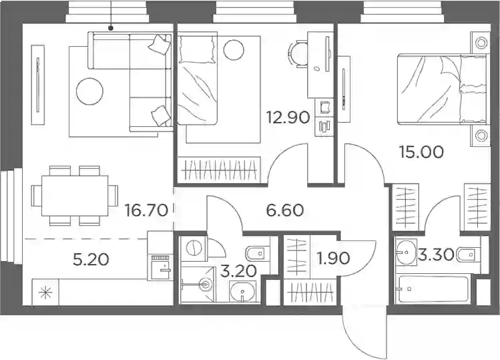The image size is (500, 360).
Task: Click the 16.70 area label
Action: (146, 210)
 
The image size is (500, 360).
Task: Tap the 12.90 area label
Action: (288, 118)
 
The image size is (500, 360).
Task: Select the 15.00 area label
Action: (421, 152)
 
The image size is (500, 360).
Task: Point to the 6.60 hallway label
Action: (285, 210)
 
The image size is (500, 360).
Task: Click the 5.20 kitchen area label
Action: (91, 260)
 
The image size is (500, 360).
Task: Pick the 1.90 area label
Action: (334, 258)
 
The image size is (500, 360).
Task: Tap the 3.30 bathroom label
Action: (436, 254)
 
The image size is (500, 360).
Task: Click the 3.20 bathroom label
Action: (238, 271)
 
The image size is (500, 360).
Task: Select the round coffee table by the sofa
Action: (89, 91)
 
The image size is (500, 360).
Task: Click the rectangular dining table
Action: (75, 196)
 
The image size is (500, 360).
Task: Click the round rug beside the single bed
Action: (234, 50)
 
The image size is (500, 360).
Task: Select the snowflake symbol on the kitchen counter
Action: (45, 293)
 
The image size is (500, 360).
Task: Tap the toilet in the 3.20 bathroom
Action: (258, 254)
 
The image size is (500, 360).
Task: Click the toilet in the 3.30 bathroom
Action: (469, 254)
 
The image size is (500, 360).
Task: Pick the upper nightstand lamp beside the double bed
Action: (481, 42)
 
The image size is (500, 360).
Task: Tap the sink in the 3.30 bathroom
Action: (406, 252)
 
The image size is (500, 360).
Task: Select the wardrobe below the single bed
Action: (219, 170)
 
